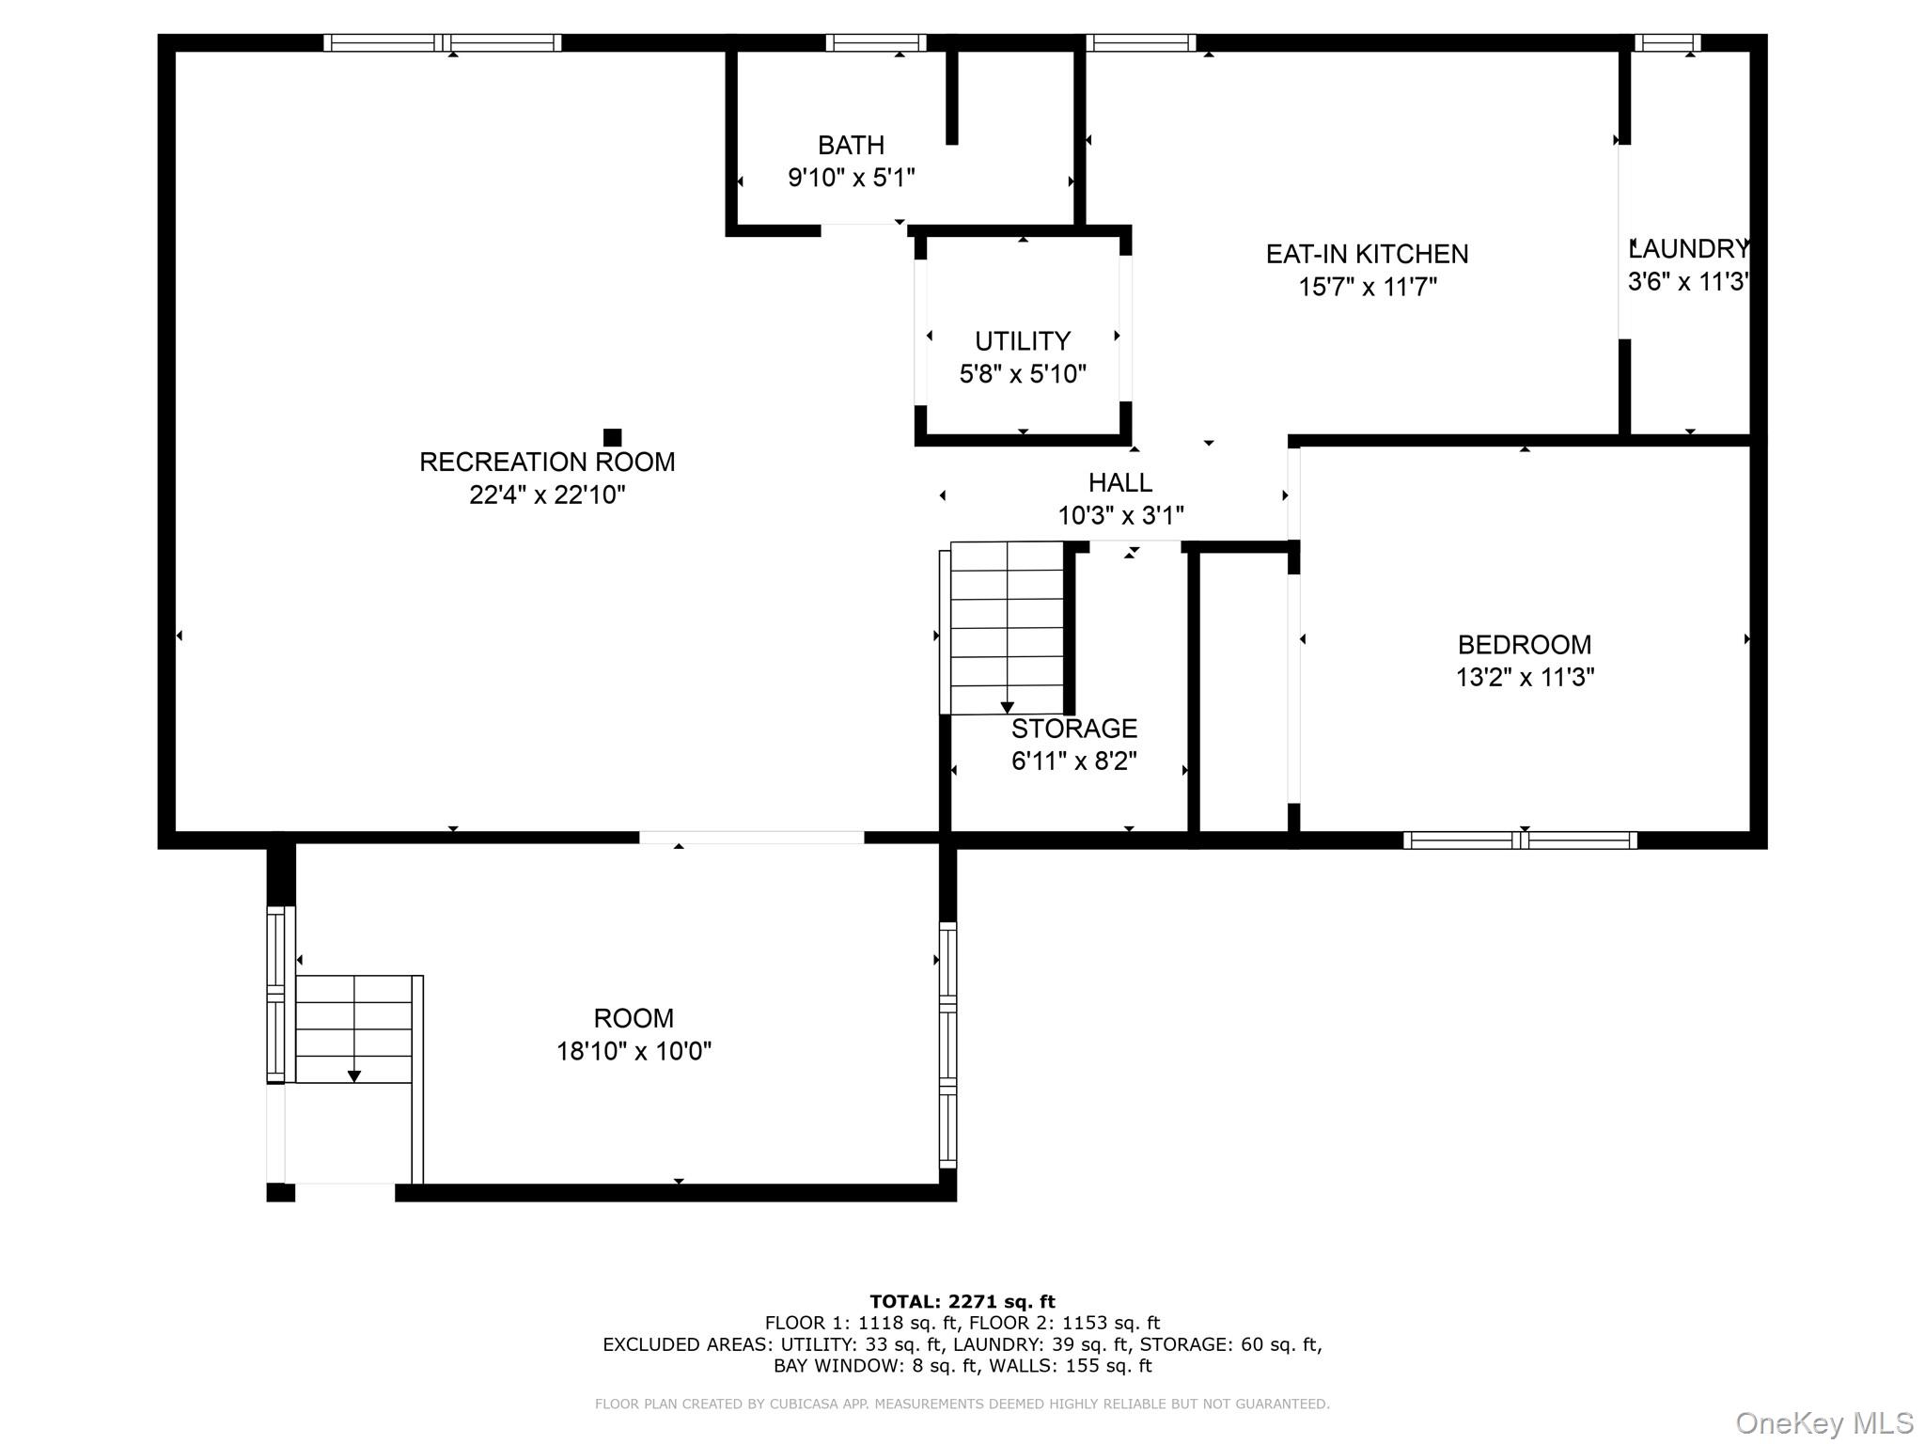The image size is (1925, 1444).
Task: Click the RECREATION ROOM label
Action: [x=547, y=462]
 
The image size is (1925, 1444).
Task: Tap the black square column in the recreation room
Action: [x=612, y=437]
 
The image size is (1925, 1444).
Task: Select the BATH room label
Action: [x=851, y=146]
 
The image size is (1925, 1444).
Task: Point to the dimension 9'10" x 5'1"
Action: [x=851, y=178]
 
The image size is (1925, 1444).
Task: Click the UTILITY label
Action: [x=1023, y=341]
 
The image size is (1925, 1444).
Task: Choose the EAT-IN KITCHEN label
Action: [x=1367, y=254]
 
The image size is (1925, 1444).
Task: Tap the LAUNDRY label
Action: [x=1689, y=249]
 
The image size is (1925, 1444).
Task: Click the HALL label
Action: [x=1120, y=482]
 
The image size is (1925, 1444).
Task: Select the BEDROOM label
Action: [x=1525, y=645]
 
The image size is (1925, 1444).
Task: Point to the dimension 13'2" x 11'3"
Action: [x=1525, y=677]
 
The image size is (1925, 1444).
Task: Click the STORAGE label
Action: [x=1074, y=729]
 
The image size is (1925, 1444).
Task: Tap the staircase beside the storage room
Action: [x=1007, y=628]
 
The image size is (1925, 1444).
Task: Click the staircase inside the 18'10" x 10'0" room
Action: [x=354, y=1029]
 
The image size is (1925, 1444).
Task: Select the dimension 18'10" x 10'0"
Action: [x=634, y=1050]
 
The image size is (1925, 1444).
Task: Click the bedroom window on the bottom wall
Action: [x=1520, y=840]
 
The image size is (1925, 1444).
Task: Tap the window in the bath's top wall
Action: [x=875, y=42]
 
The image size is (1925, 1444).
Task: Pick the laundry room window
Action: [x=1667, y=42]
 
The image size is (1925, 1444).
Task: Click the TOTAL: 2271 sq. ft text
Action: [x=962, y=1302]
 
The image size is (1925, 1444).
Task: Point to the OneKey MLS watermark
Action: [x=1824, y=1423]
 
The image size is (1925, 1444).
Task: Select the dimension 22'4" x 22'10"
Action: [x=547, y=494]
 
